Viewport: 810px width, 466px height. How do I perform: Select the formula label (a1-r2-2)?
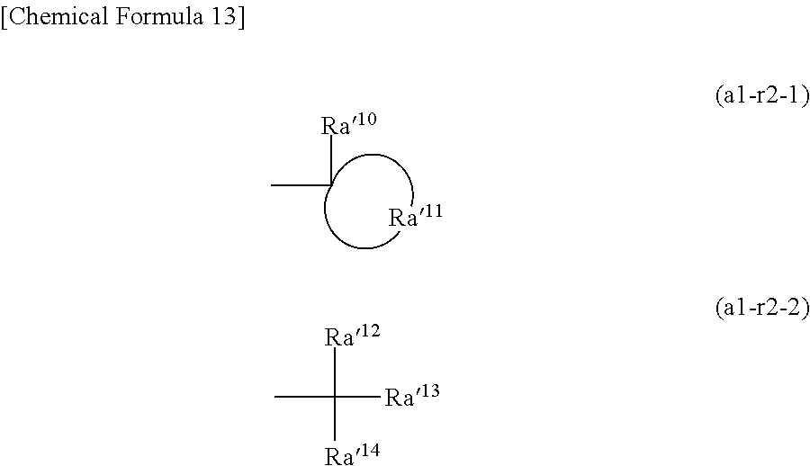[x=762, y=309]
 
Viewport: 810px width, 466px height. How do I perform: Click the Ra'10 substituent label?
[x=348, y=125]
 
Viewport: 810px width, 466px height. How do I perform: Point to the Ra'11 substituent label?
[x=415, y=217]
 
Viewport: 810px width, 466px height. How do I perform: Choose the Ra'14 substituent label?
[x=352, y=455]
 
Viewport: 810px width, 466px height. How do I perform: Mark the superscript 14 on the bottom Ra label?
[x=369, y=450]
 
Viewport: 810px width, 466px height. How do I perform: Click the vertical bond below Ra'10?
[x=331, y=161]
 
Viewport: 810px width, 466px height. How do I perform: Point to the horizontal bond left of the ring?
[x=301, y=185]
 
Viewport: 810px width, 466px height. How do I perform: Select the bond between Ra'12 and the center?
[x=335, y=372]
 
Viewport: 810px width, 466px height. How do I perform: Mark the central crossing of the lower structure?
[x=335, y=396]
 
